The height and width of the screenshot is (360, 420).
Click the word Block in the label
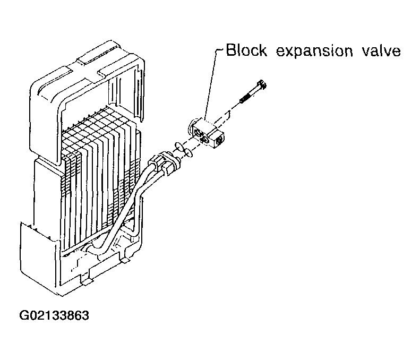[247, 50]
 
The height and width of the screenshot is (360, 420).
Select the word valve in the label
[381, 50]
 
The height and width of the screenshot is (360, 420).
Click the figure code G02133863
[54, 315]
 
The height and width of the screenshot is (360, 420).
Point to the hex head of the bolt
[262, 85]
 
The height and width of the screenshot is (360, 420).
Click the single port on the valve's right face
[219, 139]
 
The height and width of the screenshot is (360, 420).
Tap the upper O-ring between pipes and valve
[178, 145]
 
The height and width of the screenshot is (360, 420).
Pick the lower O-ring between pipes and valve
[188, 153]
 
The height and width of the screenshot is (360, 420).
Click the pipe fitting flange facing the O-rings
[175, 164]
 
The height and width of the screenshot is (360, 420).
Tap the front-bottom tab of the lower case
[86, 281]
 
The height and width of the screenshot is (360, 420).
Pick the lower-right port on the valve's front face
[206, 139]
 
